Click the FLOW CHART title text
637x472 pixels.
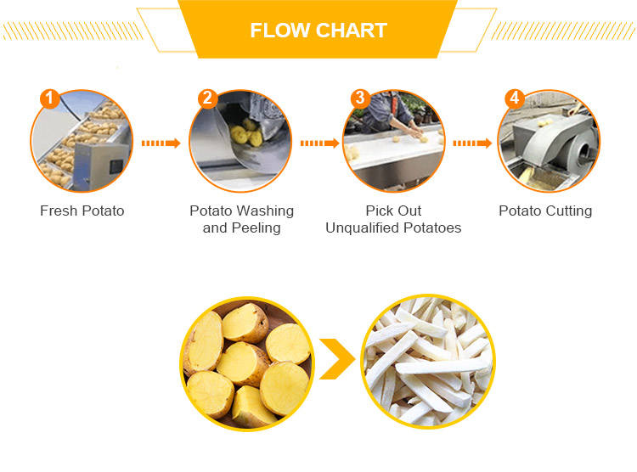click(318, 31)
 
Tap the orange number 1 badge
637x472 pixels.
click(49, 98)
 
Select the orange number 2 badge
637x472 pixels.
click(207, 98)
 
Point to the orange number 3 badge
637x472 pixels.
click(360, 98)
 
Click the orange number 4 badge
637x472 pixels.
click(515, 98)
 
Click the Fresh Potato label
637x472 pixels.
click(82, 211)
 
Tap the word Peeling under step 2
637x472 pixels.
click(256, 228)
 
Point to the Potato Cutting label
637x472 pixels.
click(545, 211)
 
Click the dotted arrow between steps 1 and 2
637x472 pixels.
click(161, 143)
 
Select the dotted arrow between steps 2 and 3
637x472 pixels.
click(319, 143)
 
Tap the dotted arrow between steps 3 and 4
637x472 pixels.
click(472, 143)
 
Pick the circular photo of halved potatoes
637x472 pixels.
click(247, 363)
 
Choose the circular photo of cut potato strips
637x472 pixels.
click(428, 361)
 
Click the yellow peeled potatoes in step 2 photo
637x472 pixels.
click(246, 132)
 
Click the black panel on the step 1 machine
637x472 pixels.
click(116, 166)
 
